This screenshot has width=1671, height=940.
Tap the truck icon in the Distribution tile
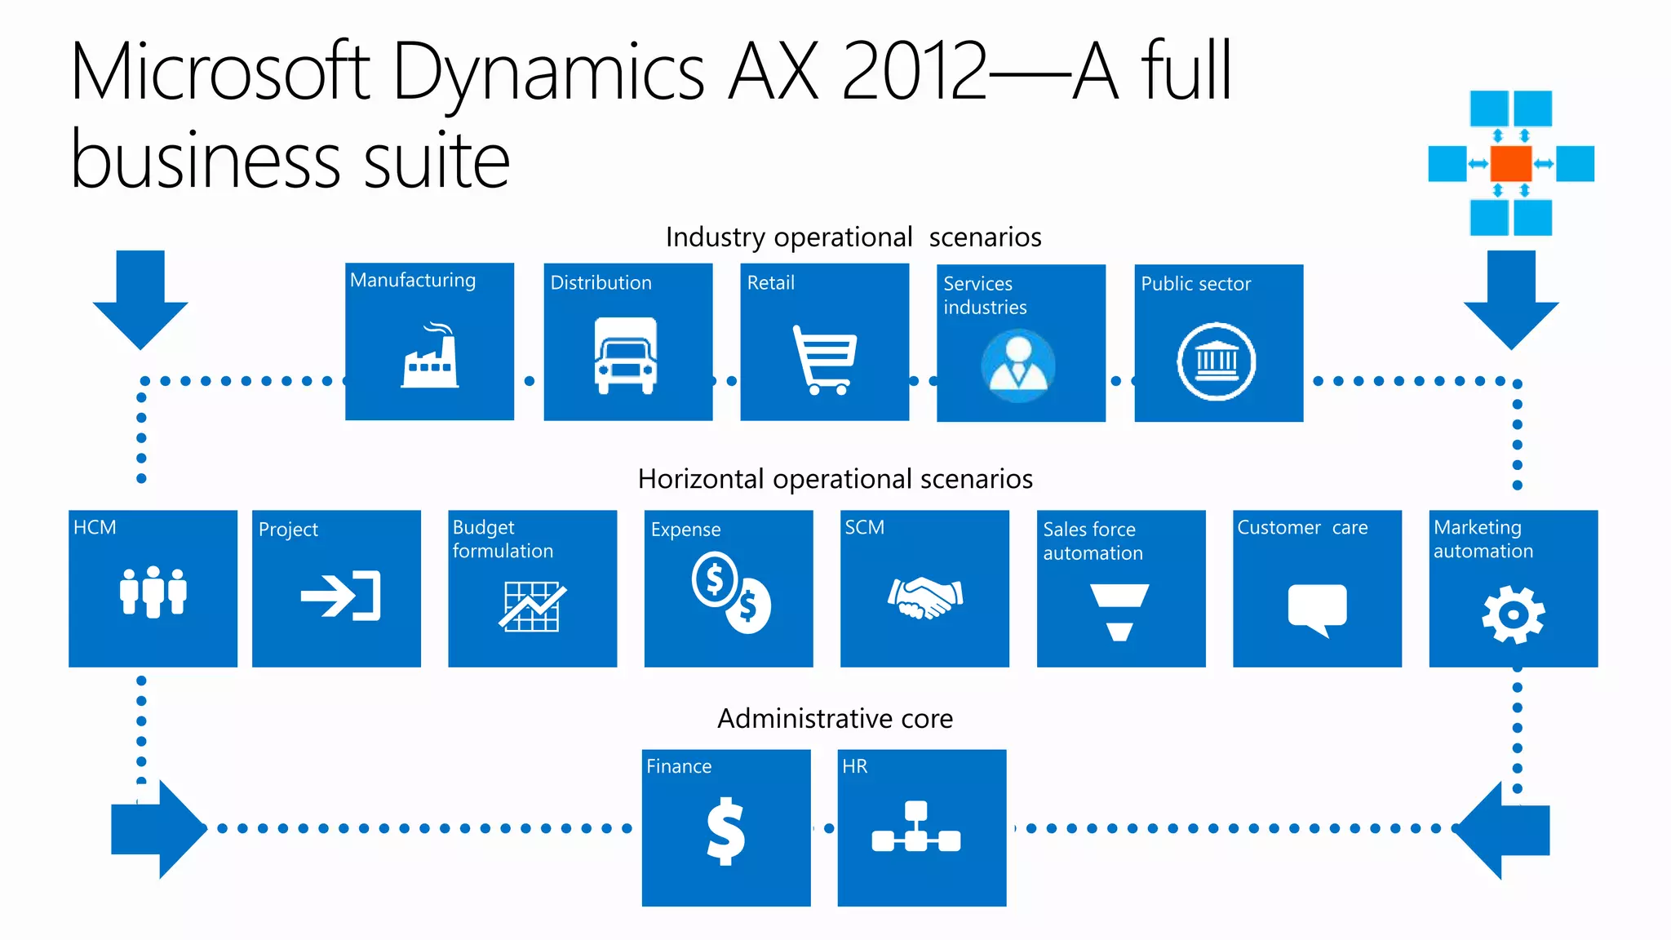point(626,356)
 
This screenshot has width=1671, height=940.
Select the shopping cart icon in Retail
point(824,360)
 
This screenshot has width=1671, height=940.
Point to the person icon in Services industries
point(1018,365)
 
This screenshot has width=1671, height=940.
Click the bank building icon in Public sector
point(1216,361)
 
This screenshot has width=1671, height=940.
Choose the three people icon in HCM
point(153,592)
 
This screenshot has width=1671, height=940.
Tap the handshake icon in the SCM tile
point(925,597)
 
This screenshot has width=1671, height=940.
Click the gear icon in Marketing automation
point(1513,614)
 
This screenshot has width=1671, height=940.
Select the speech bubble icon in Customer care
point(1317,609)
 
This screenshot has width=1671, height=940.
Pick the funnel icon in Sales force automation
point(1119,611)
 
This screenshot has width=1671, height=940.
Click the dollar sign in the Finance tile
point(725,831)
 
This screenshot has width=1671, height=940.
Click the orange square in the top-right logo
point(1510,163)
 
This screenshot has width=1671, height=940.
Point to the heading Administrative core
point(835,718)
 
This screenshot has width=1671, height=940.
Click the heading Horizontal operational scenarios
point(835,479)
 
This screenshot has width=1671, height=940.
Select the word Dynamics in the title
point(547,73)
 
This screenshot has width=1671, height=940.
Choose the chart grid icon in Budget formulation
point(532,606)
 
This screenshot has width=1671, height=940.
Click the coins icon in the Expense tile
point(731,592)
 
